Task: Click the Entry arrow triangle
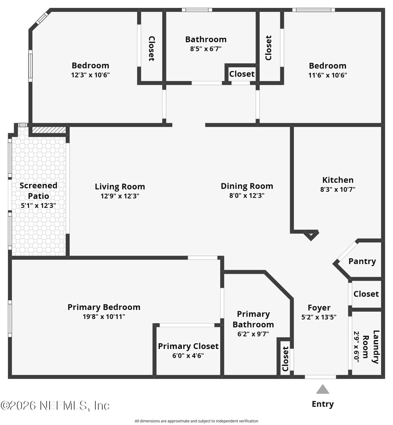[x=322, y=390]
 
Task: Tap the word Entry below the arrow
[x=322, y=404]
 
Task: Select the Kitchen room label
[x=337, y=180]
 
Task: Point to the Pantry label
[x=362, y=261]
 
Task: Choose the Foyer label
[x=319, y=308]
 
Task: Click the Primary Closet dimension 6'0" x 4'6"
[x=188, y=356]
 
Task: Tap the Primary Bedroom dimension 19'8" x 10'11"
[x=104, y=317]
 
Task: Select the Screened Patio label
[x=38, y=191]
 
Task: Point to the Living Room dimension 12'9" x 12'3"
[x=120, y=196]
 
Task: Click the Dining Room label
[x=247, y=186]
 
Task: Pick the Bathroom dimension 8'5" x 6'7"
[x=205, y=49]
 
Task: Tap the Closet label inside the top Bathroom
[x=242, y=74]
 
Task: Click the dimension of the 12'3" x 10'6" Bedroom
[x=90, y=75]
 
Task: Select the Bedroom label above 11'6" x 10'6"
[x=327, y=66]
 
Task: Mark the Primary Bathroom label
[x=253, y=319]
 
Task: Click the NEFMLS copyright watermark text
[x=55, y=405]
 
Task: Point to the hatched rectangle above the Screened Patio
[x=49, y=130]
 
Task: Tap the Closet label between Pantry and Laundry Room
[x=366, y=294]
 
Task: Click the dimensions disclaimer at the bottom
[x=196, y=421]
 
